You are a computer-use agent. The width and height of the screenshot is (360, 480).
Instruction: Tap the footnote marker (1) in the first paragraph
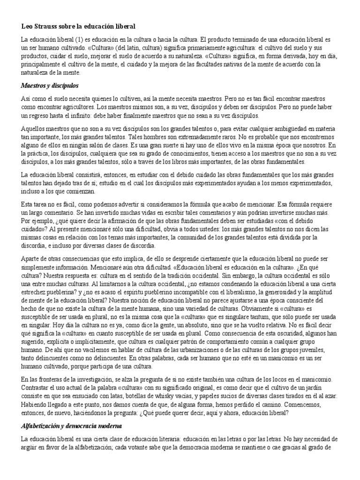click(x=68, y=40)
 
